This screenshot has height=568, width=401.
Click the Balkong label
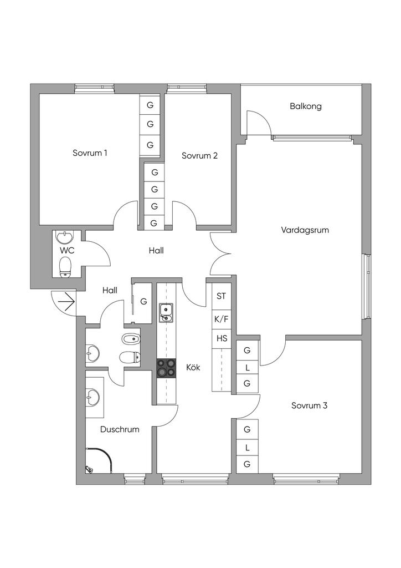(305, 106)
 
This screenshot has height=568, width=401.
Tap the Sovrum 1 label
(90, 153)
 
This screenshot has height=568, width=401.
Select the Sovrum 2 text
(199, 156)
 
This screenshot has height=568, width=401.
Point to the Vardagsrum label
(305, 230)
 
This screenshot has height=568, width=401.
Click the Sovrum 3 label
(310, 405)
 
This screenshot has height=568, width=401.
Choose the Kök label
(193, 367)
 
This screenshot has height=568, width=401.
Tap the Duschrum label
(120, 429)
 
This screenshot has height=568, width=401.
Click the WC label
(68, 250)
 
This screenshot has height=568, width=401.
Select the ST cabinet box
(221, 296)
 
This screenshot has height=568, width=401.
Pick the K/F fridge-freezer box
(221, 319)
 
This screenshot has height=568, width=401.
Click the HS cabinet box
(221, 338)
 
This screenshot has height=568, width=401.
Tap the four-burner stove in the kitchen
(166, 368)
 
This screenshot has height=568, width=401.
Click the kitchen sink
(166, 312)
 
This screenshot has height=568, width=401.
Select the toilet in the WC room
(66, 266)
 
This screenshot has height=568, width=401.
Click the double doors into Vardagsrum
(220, 253)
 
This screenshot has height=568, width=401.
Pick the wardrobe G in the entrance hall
(143, 302)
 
